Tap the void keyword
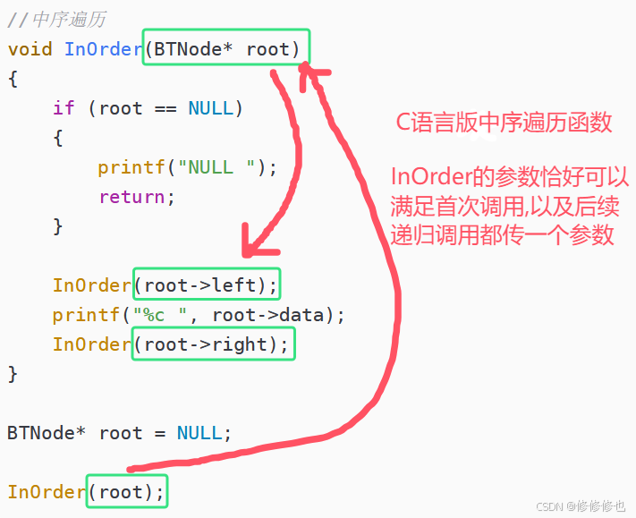click(x=30, y=48)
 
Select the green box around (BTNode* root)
click(x=227, y=48)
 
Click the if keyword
click(x=64, y=108)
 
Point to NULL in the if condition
click(x=210, y=108)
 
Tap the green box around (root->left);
click(x=207, y=285)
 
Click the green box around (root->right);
click(x=213, y=344)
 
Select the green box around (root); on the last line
click(x=126, y=492)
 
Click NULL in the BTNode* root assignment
click(x=199, y=433)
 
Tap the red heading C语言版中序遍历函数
click(x=505, y=123)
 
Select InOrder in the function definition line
click(x=103, y=48)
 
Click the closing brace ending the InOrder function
click(x=13, y=374)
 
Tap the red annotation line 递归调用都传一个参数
click(x=502, y=234)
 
